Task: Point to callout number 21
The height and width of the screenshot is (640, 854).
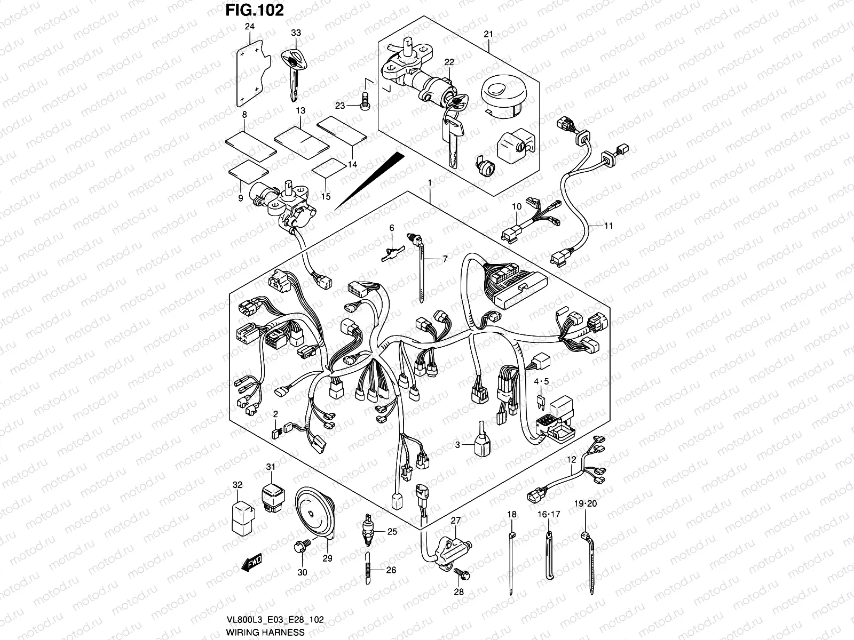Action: click(488, 34)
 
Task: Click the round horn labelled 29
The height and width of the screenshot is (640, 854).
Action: click(313, 513)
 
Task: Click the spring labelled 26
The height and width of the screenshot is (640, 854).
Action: click(369, 570)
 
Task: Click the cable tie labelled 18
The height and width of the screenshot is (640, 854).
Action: click(512, 560)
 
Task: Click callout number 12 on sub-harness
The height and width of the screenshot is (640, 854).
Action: click(572, 459)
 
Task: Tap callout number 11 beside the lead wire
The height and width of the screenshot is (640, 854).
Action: click(608, 226)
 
